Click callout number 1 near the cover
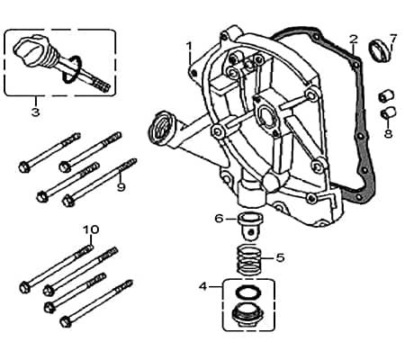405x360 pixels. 189,45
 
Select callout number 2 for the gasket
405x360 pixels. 354,40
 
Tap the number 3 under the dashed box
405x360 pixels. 35,112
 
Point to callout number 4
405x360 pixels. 203,286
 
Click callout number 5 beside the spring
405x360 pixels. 280,257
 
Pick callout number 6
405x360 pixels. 219,218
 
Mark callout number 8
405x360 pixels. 388,133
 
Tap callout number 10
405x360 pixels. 90,229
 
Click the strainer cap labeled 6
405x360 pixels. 247,221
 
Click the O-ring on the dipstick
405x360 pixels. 74,69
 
